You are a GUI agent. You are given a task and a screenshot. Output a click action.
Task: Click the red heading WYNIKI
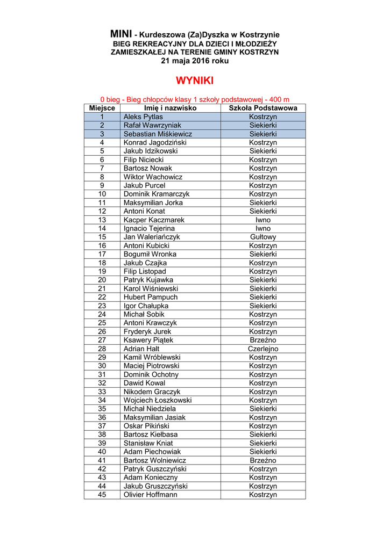(195, 81)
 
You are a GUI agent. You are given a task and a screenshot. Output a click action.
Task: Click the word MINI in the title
(121, 34)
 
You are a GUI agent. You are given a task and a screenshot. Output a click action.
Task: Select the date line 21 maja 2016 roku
(195, 61)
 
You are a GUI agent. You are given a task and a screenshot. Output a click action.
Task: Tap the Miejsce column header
(102, 108)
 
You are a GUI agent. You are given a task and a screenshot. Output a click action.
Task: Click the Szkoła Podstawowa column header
(263, 108)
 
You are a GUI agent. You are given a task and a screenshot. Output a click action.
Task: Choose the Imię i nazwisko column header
(170, 108)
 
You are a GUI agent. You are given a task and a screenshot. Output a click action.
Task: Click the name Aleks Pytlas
(143, 117)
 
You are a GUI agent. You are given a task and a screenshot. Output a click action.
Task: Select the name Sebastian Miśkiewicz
(158, 134)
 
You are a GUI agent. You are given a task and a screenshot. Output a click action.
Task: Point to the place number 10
(102, 194)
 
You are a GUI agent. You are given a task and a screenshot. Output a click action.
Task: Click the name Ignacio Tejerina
(149, 228)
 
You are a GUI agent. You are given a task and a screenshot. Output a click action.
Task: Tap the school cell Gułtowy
(263, 237)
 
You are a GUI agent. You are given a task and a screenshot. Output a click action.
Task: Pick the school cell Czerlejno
(263, 349)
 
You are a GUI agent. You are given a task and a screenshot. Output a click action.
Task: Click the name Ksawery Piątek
(148, 340)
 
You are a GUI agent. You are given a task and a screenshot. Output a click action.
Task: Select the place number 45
(102, 495)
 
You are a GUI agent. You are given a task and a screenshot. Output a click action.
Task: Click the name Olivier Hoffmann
(150, 495)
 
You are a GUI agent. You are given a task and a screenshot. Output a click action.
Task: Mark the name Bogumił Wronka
(150, 254)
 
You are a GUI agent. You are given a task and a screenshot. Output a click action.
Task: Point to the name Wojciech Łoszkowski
(158, 400)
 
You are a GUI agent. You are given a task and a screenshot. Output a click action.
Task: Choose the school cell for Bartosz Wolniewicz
(263, 460)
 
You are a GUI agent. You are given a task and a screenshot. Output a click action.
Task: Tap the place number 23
(102, 306)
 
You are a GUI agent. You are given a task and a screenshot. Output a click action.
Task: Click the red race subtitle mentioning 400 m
(195, 99)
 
